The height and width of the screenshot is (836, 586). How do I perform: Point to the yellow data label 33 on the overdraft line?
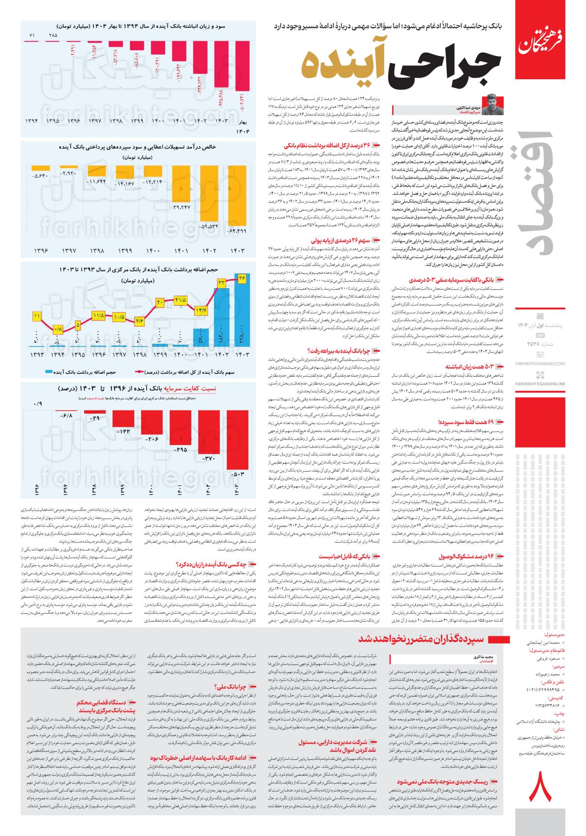click(x=221, y=282)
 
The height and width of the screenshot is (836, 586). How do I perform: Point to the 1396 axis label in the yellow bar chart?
click(x=41, y=250)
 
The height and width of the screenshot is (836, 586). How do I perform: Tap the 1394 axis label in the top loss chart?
click(x=32, y=120)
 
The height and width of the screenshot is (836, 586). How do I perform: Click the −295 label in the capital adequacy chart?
click(x=181, y=449)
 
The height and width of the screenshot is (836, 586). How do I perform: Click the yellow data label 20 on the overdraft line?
click(x=160, y=303)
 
